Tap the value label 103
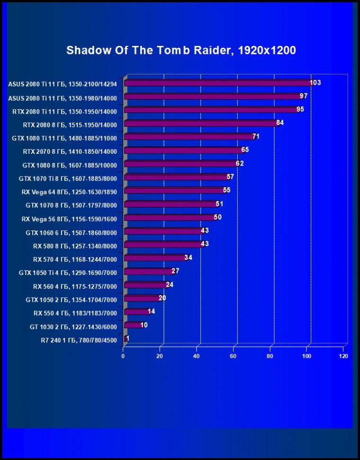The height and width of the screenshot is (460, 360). pos(315,83)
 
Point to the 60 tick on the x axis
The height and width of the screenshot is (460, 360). pos(234,356)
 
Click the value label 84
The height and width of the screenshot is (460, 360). pos(280,123)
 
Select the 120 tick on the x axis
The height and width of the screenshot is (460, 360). pos(343,356)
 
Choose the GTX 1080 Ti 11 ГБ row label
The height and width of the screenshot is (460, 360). pos(64,138)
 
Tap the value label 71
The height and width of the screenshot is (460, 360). pos(256,137)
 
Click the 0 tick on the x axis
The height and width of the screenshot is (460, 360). pos(123,356)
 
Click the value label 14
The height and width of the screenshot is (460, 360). pos(152,311)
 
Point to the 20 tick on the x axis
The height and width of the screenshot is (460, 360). pos(160,356)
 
